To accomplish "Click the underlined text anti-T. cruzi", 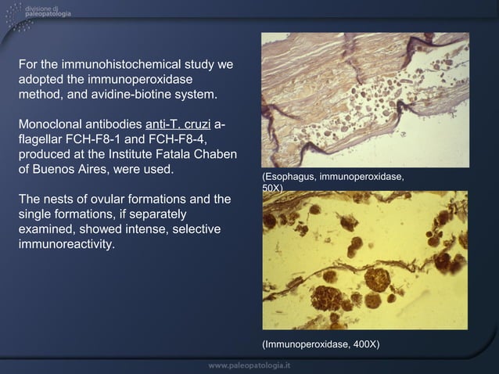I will [177, 125].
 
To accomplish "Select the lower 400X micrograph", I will [364, 260].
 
